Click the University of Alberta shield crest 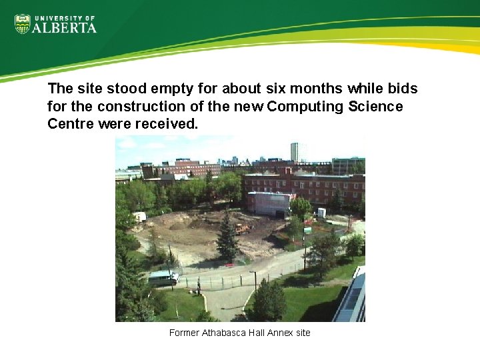(23, 24)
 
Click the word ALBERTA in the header (65, 28)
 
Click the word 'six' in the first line (275, 89)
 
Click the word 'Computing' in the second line (304, 107)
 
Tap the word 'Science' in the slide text (375, 107)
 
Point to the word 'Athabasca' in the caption (221, 333)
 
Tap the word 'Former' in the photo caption (184, 333)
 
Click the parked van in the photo (163, 278)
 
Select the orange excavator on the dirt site (243, 229)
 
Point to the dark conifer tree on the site (227, 237)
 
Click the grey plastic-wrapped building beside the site (269, 203)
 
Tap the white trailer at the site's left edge (139, 217)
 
